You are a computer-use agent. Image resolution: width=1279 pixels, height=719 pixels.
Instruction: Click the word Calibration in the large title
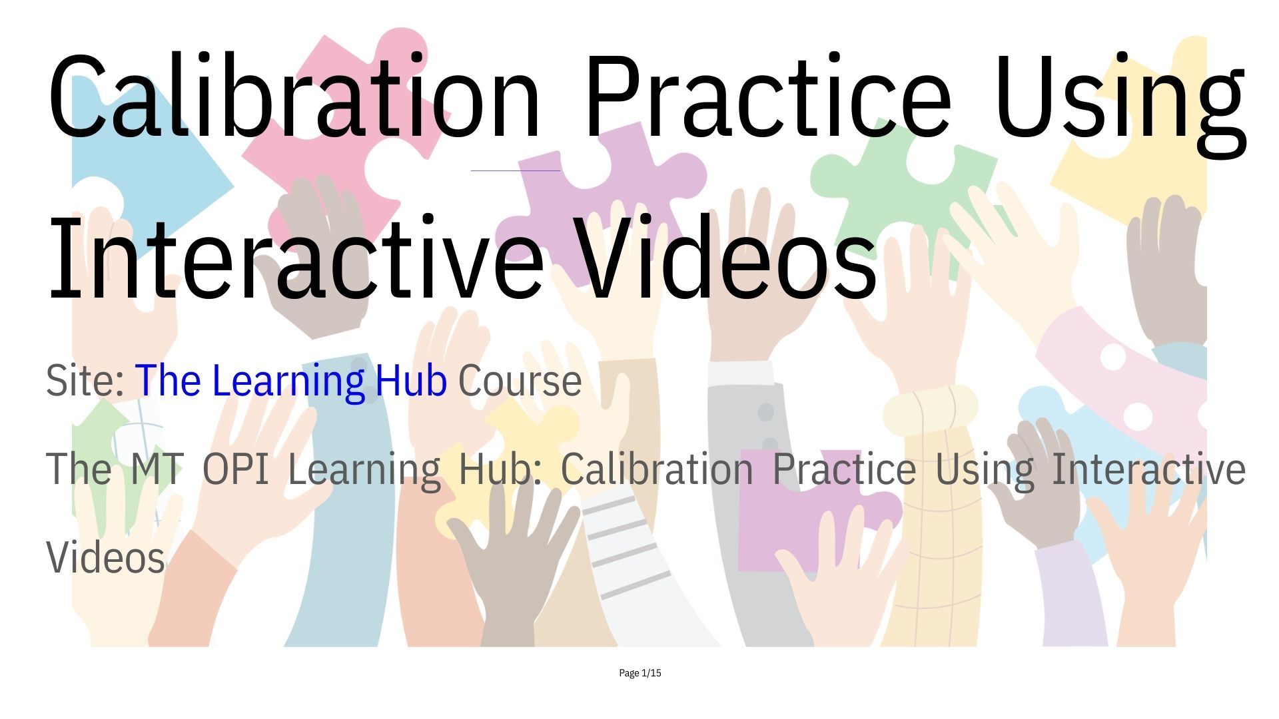(294, 95)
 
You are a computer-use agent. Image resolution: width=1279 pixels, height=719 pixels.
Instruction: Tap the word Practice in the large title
(767, 95)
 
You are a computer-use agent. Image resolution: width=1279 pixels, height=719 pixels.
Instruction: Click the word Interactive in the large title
(297, 256)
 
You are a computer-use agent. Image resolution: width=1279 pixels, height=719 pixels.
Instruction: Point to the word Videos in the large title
(726, 256)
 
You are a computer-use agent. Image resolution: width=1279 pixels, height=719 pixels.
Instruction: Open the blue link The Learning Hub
(290, 381)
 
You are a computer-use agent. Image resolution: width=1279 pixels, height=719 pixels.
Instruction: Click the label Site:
(85, 380)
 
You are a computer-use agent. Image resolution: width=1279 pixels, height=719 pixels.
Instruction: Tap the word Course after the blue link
(520, 381)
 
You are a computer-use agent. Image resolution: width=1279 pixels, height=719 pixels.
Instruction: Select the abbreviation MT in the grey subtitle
(157, 469)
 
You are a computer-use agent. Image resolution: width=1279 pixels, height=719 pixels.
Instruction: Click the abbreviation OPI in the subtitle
(236, 469)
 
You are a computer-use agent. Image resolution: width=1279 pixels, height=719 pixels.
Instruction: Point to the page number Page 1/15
(639, 673)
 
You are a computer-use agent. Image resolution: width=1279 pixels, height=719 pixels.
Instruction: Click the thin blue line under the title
(516, 170)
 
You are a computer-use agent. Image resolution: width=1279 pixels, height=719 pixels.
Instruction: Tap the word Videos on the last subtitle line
(105, 557)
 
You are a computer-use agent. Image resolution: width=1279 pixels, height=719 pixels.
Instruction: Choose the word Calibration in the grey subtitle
(657, 469)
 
